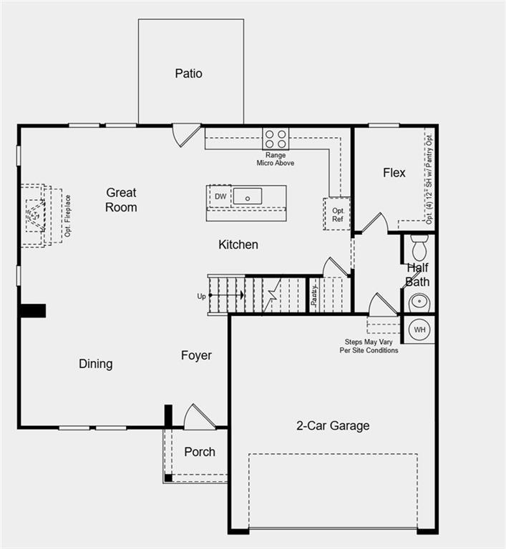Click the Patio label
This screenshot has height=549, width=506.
pyautogui.click(x=188, y=74)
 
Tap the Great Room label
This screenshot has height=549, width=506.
pyautogui.click(x=121, y=199)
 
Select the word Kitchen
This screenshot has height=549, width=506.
pyautogui.click(x=238, y=244)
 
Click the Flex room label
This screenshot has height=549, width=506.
pyautogui.click(x=394, y=172)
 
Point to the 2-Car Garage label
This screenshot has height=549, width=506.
pyautogui.click(x=333, y=425)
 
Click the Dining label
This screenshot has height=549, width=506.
pyautogui.click(x=95, y=364)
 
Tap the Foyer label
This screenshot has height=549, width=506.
pyautogui.click(x=196, y=355)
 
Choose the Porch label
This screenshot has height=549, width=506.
pyautogui.click(x=200, y=452)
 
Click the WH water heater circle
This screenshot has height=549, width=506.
pyautogui.click(x=420, y=330)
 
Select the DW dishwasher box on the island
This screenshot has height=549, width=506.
pyautogui.click(x=220, y=196)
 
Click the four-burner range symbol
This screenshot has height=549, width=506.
pyautogui.click(x=275, y=138)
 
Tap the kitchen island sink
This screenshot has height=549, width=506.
pyautogui.click(x=248, y=196)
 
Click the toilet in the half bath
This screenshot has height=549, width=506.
pyautogui.click(x=419, y=248)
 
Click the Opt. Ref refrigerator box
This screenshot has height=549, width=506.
pyautogui.click(x=337, y=214)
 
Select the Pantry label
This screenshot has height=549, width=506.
pyautogui.click(x=314, y=295)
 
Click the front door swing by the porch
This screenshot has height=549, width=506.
pyautogui.click(x=198, y=418)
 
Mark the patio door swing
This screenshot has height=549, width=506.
pyautogui.click(x=185, y=134)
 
